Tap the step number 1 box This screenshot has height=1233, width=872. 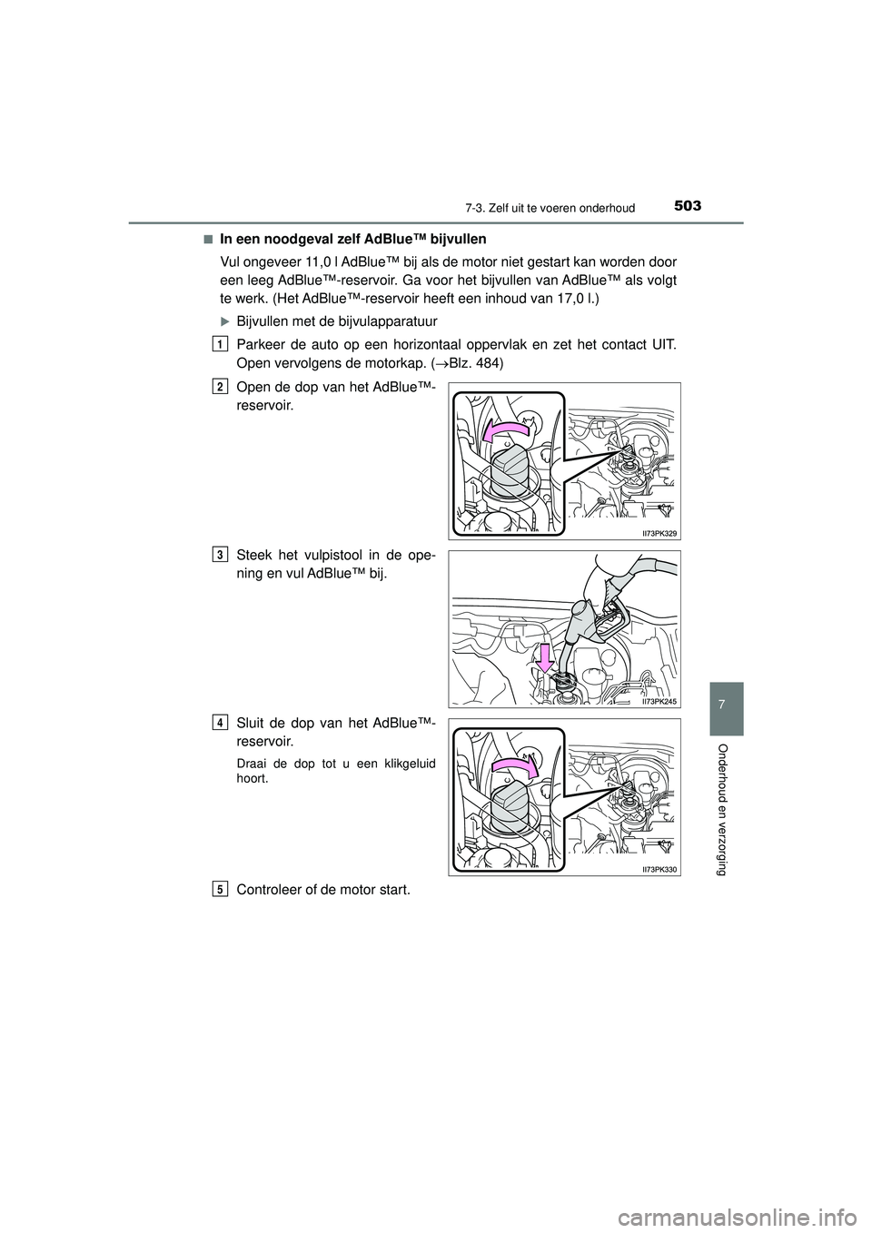[222, 343]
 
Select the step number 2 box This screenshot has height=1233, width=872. [222, 388]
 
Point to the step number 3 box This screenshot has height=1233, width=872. [222, 554]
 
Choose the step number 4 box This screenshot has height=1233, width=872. [222, 722]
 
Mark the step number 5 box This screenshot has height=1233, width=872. [222, 890]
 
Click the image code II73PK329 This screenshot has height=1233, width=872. [657, 533]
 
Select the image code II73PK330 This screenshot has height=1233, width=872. [657, 869]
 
